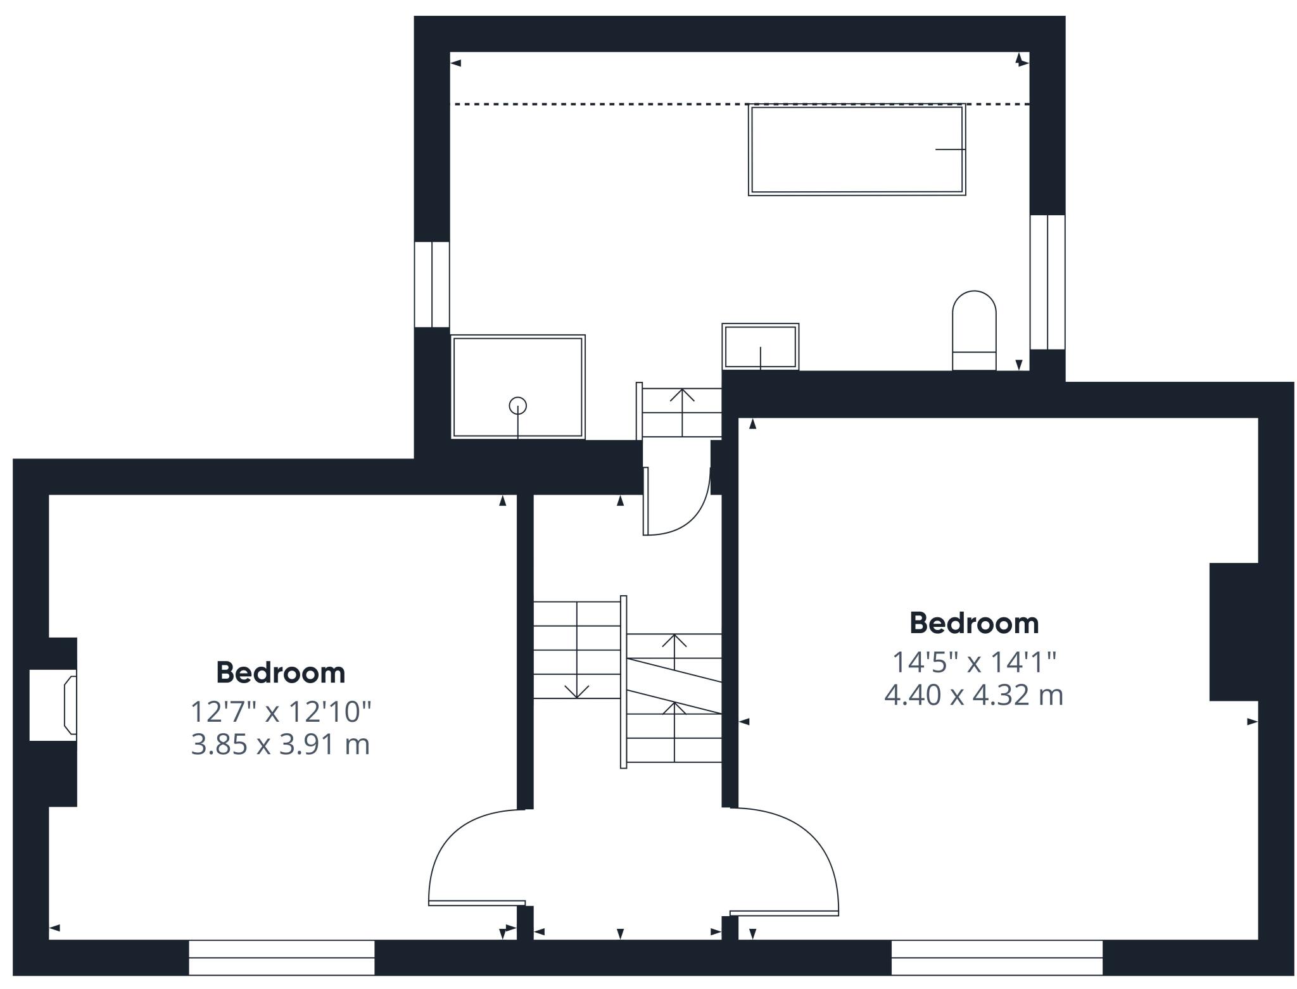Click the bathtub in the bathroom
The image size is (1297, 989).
click(x=856, y=149)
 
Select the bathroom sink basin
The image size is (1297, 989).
click(x=760, y=346)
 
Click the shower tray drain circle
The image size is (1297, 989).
click(x=517, y=405)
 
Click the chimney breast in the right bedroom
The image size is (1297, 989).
click(x=1233, y=631)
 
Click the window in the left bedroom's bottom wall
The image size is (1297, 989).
click(x=282, y=957)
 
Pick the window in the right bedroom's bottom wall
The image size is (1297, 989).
click(x=997, y=957)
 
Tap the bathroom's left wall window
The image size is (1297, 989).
click(x=432, y=284)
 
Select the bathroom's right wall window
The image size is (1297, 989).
click(x=1047, y=282)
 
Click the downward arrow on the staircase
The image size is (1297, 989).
click(x=576, y=690)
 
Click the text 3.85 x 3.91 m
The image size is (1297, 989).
click(x=281, y=745)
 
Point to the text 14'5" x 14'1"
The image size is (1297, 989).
click(x=974, y=662)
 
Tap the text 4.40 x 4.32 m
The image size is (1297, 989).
click(x=973, y=695)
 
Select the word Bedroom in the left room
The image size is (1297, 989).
click(x=281, y=672)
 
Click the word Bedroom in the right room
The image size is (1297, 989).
click(x=974, y=623)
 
